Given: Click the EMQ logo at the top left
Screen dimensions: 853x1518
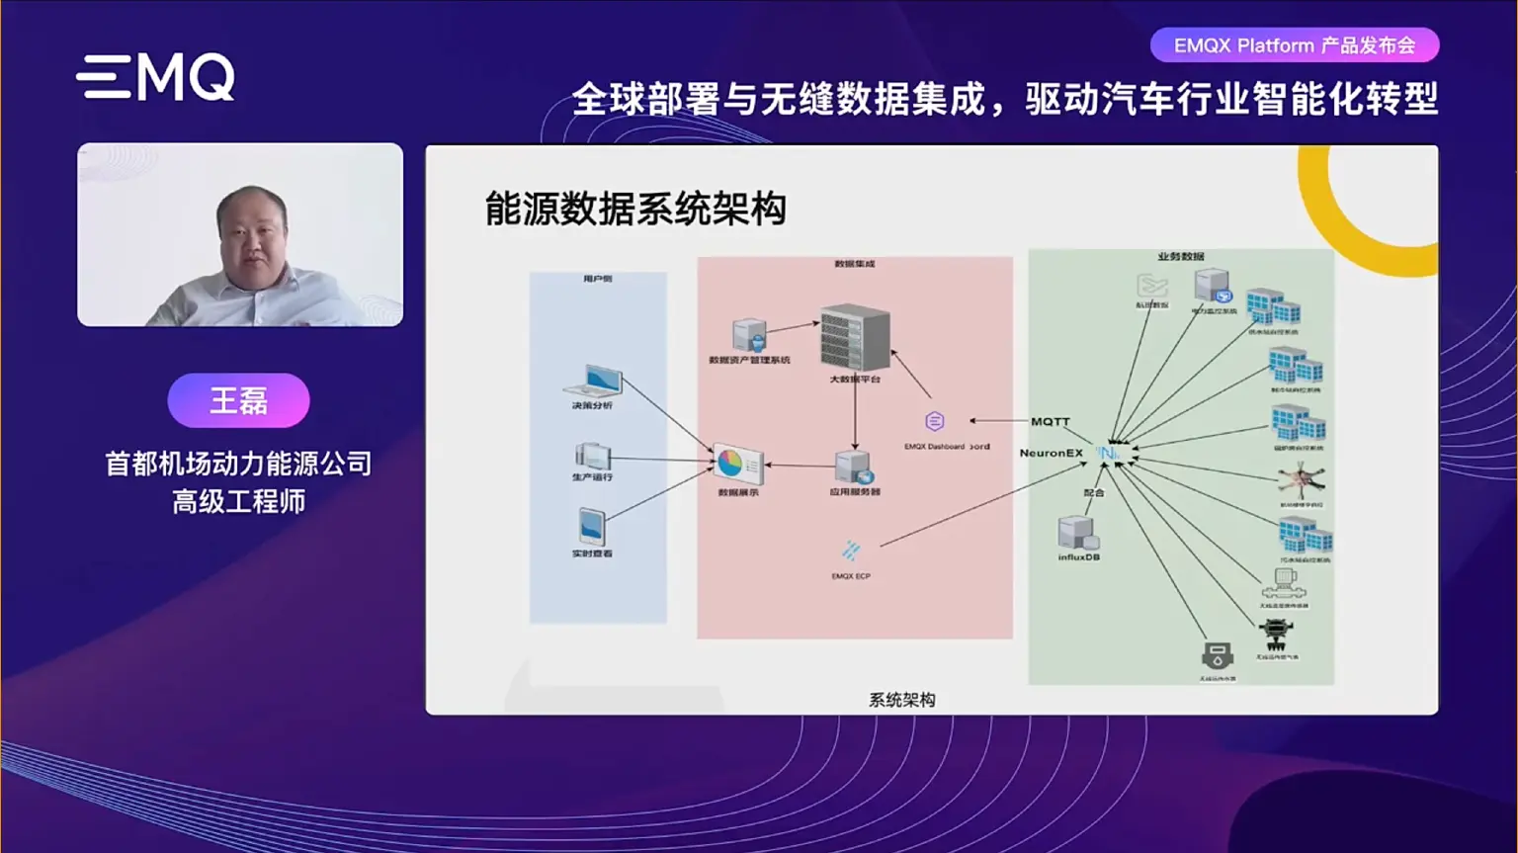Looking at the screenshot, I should pos(156,77).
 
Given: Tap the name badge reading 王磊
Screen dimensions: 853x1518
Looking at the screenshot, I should pos(238,400).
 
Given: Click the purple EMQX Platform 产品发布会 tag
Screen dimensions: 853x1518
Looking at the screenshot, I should pos(1294,45).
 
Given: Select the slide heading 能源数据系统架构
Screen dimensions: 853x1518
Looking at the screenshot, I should pos(635,210).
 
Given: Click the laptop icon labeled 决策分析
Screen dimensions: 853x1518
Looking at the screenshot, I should pos(594,382).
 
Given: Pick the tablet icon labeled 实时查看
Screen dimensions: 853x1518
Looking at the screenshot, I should pos(591,527).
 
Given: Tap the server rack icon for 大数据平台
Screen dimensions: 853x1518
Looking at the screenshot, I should pos(855,338).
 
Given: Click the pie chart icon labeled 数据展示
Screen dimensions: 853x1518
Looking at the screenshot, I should pos(737,465).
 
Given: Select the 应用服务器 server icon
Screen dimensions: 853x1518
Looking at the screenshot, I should pos(852,467).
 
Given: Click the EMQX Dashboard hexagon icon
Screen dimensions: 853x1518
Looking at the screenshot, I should pos(934,422).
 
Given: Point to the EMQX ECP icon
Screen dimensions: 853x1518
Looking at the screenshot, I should pos(851,551).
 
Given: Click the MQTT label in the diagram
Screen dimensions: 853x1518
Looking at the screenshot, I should pos(1050,421).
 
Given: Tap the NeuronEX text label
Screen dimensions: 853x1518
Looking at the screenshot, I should pos(1051,453).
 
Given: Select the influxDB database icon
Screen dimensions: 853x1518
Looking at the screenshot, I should pos(1077,533).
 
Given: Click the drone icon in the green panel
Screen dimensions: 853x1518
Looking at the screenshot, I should pos(1300,481).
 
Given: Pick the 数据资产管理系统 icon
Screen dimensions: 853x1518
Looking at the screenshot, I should pos(750,335).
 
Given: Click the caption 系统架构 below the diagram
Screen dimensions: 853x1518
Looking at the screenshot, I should pos(901,700).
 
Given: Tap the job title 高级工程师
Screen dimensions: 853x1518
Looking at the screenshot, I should pos(238,502).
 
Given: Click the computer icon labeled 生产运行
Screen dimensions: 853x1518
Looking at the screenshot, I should pos(592,456).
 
